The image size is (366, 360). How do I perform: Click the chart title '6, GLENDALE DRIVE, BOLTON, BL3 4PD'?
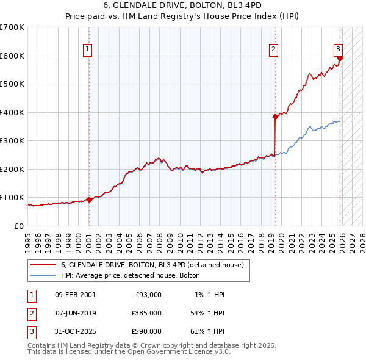pos(182,7)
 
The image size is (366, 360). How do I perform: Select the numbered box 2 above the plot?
pos(274,49)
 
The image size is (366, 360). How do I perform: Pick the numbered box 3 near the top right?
pos(338,49)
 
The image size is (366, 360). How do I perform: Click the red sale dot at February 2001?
pos(89,200)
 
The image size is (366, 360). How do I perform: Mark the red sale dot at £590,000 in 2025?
pos(340,59)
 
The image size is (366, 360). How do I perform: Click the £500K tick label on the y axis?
pos(12,84)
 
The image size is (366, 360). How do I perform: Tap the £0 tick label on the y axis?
pos(18,226)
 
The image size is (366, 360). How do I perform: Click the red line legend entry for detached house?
pos(152,265)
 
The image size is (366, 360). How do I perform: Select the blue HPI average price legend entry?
pos(134,276)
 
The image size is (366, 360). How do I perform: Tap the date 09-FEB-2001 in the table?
pos(75,295)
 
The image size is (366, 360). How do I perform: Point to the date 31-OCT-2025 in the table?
pos(75,331)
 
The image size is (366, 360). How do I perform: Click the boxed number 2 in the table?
pos(30,313)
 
